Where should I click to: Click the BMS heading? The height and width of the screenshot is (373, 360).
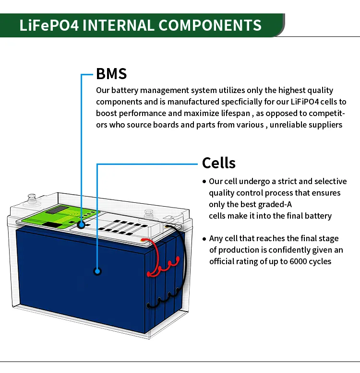point(111,74)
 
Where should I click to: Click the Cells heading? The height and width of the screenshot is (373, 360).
point(218,163)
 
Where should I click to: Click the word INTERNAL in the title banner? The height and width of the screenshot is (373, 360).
point(119,25)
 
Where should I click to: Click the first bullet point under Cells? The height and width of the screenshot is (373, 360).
point(204,182)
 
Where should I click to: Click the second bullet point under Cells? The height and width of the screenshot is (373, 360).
point(204,239)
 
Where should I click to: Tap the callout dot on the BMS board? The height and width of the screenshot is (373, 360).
point(81,224)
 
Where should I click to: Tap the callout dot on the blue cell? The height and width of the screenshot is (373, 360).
point(97,271)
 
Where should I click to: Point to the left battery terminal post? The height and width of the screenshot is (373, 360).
point(32,198)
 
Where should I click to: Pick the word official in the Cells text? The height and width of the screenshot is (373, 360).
point(224,261)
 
